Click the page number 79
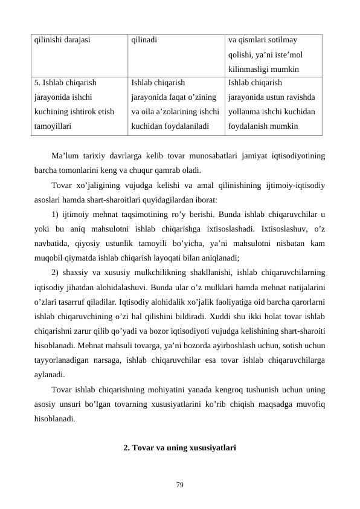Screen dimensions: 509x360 (x=180, y=484)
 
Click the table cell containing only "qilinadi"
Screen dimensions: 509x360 (x=144, y=41)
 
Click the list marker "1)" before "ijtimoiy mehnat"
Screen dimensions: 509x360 (x=56, y=213)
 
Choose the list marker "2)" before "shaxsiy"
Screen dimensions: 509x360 (x=56, y=271)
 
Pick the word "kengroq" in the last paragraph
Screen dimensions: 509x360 (x=234, y=387)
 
